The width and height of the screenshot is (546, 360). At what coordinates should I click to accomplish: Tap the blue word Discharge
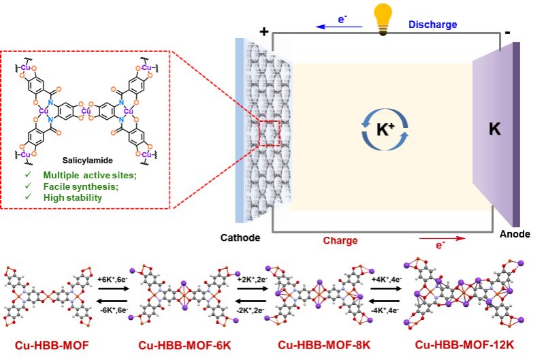432,25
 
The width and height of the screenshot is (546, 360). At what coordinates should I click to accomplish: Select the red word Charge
340,240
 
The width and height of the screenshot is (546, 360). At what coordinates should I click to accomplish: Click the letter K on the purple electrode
494,129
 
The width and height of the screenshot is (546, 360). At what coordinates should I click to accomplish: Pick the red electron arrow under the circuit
442,239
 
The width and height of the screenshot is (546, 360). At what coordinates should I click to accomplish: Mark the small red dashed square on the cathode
270,133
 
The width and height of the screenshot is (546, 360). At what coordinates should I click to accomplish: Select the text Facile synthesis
80,186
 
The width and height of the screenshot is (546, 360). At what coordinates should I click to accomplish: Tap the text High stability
72,197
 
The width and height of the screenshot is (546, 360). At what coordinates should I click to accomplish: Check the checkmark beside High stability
28,197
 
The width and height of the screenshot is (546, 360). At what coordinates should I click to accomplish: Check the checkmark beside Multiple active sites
28,176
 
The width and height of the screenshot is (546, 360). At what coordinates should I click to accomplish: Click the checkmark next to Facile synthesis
28,186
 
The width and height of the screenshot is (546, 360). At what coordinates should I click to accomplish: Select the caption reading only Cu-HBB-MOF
51,345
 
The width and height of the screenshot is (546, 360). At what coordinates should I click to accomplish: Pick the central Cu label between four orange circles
86,111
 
